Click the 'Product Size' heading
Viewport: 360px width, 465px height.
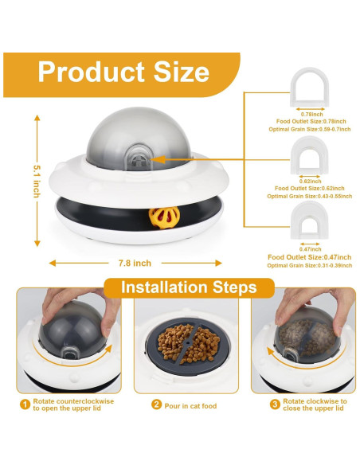123,72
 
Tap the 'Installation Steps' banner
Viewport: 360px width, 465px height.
188,287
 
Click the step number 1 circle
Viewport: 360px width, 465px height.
25,404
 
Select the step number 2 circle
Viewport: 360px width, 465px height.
156,404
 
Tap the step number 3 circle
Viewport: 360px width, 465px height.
275,404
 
